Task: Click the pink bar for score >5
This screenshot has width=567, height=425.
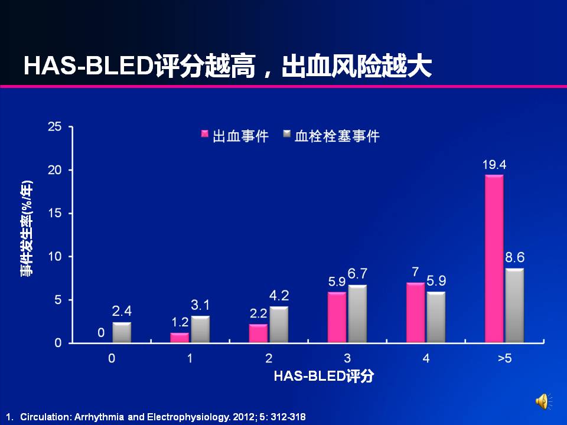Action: pyautogui.click(x=494, y=259)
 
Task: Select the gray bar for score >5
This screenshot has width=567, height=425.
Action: pyautogui.click(x=514, y=306)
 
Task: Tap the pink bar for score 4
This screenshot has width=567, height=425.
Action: pyautogui.click(x=415, y=313)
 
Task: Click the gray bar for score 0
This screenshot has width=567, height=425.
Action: pyautogui.click(x=122, y=332)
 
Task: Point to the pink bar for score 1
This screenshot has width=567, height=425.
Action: pyautogui.click(x=180, y=338)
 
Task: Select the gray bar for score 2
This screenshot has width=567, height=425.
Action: pyautogui.click(x=279, y=325)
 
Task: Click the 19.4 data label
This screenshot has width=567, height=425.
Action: pyautogui.click(x=494, y=165)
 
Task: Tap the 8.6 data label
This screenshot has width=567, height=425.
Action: pyautogui.click(x=514, y=258)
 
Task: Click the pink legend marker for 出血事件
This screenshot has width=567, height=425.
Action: pyautogui.click(x=204, y=135)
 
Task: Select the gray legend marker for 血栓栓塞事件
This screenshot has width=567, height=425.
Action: pyautogui.click(x=287, y=135)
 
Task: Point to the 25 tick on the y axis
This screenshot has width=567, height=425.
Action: pyautogui.click(x=54, y=127)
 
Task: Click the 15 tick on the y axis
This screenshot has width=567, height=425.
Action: pyautogui.click(x=54, y=213)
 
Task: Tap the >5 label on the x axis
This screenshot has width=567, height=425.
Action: pyautogui.click(x=504, y=358)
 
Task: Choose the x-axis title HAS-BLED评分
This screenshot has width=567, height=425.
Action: pyautogui.click(x=323, y=376)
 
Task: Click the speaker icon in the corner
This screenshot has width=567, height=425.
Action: pyautogui.click(x=543, y=402)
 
